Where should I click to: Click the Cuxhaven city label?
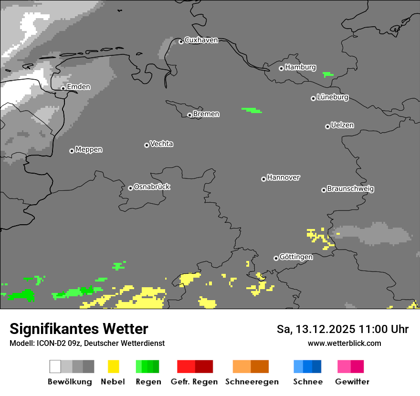[x=201, y=40]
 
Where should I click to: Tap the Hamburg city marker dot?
[x=281, y=68]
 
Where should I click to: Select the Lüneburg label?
[x=333, y=97]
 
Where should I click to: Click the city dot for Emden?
[x=63, y=88]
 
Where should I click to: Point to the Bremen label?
[x=206, y=114]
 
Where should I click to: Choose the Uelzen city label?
[x=342, y=125]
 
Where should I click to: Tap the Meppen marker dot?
[x=72, y=151]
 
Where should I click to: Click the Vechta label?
[x=161, y=144]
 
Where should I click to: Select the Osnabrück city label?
[x=152, y=187]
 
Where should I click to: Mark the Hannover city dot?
[x=263, y=179]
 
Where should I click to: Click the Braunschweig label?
[x=350, y=189]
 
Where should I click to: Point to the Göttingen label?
[x=296, y=257]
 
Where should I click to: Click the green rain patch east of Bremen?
[x=252, y=110]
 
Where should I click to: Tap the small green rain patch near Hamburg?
[x=328, y=74]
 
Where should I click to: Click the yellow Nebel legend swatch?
[x=113, y=366]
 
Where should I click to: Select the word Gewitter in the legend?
[x=352, y=382]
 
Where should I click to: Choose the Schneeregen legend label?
[x=252, y=382]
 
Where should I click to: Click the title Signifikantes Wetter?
[x=79, y=329]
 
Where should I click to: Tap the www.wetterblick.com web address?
[x=344, y=343]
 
